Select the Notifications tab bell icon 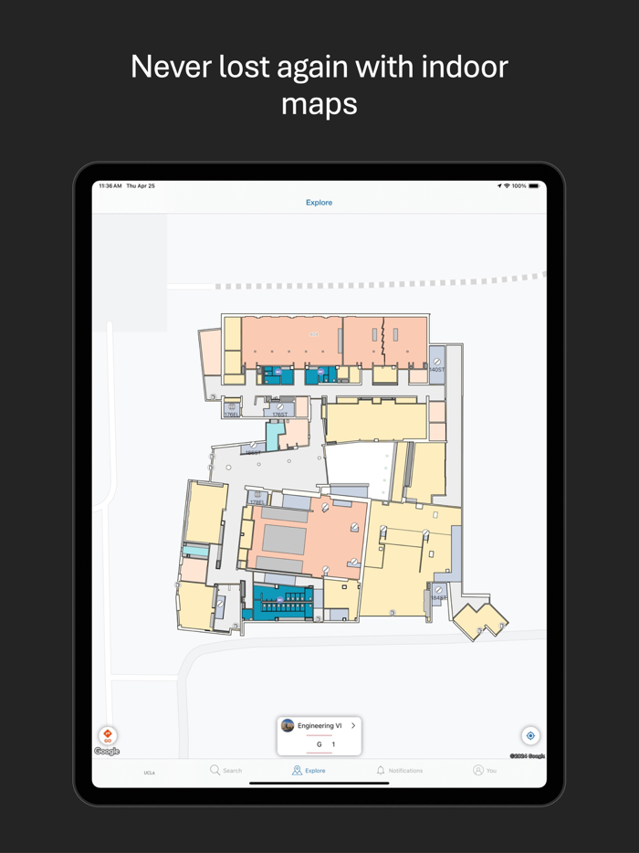[381, 771]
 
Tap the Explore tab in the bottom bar [309, 771]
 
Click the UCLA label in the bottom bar [149, 773]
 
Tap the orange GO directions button [108, 735]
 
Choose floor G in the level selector [319, 744]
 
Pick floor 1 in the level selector [333, 744]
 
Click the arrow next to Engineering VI [353, 726]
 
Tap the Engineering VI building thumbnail [288, 726]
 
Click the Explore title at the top [319, 203]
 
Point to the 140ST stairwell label [437, 370]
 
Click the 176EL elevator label [232, 415]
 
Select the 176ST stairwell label [279, 415]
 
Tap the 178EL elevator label [257, 501]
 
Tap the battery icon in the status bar [534, 186]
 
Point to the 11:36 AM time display [110, 186]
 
